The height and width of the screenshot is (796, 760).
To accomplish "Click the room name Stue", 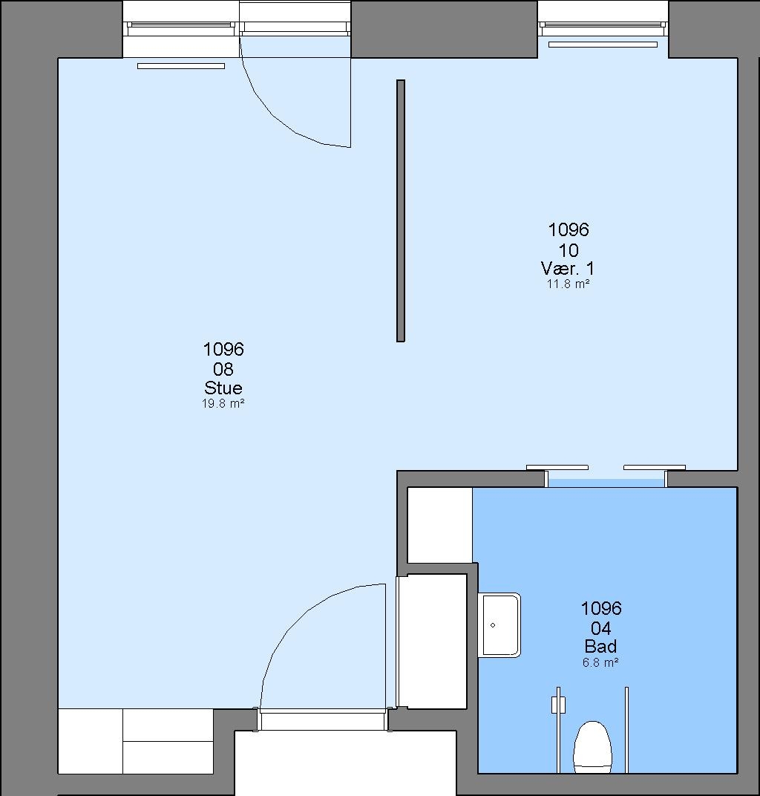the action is pos(223,388).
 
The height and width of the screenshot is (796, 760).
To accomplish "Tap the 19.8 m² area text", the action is pos(223,404).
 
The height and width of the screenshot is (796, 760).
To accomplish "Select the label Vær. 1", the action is pos(568,268).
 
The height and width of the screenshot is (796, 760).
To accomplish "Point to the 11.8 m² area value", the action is pos(568,284).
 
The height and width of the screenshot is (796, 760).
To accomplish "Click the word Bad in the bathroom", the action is pos(600,646).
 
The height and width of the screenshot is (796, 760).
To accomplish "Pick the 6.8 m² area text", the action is pos(600,662).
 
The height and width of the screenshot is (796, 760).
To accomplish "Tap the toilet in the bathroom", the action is pos(592,747).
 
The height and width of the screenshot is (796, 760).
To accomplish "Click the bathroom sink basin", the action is pos(499,625).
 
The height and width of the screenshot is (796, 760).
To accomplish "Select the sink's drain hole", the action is pos(493,625).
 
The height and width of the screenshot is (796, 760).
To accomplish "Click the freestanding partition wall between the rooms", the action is pos(400,211).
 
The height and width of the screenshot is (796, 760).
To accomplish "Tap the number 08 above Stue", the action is pos(223,369).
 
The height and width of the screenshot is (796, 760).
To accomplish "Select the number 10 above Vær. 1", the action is pos(569,249).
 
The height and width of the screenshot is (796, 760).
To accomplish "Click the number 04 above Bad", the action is pos(600,628).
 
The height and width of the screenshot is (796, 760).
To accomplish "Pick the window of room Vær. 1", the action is pos(603,28).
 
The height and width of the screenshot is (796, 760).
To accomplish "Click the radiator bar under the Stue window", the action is pos(181,66).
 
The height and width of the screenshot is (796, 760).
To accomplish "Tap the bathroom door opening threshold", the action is pos(606,483).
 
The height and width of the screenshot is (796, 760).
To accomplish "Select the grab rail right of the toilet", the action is pos(626,730).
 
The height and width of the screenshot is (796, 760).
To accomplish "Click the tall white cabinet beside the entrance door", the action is pos(432,642).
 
